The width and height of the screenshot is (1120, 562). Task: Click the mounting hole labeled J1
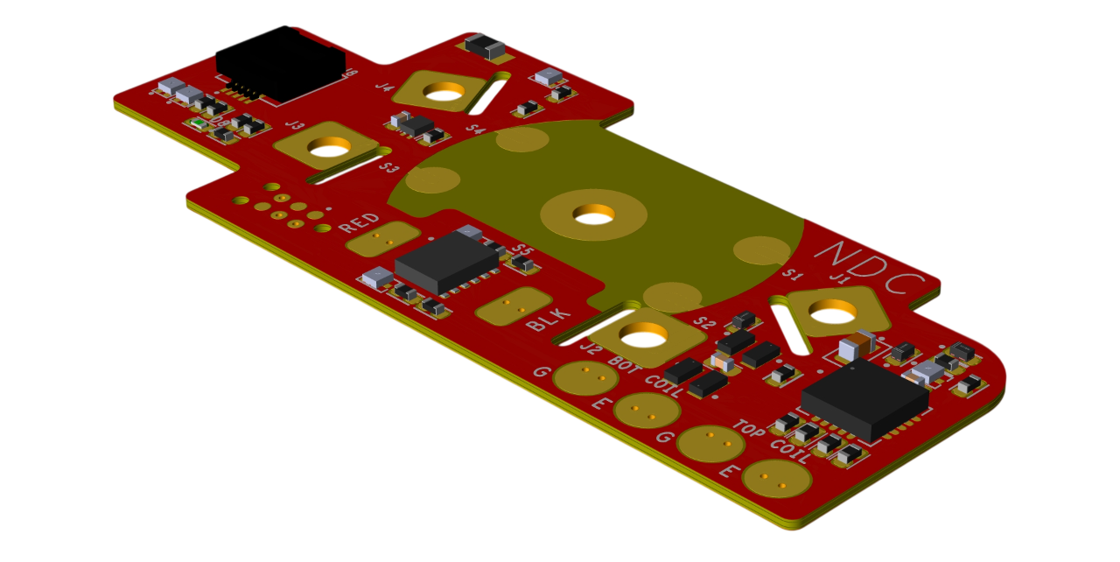tap(832, 310)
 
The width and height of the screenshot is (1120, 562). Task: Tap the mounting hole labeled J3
tap(329, 146)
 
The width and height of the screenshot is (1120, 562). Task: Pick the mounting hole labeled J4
tap(444, 90)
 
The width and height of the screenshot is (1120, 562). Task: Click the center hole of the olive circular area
tap(593, 213)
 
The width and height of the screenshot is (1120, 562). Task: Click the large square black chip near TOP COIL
tap(864, 398)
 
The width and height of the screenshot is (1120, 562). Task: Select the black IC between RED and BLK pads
tap(446, 262)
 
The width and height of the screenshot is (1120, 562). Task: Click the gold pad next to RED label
tap(383, 238)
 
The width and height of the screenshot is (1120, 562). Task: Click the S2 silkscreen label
tap(704, 323)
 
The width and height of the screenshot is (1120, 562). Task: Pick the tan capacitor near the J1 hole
tap(856, 346)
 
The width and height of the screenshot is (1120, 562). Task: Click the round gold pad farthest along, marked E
tap(776, 478)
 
